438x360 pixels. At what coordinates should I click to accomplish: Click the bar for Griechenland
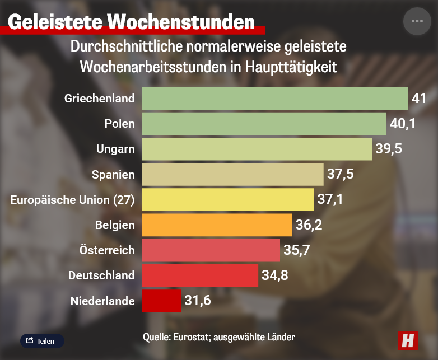point(275,99)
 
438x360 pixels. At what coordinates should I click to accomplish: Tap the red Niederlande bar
point(162,301)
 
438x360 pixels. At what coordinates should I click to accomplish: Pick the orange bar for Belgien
point(217,225)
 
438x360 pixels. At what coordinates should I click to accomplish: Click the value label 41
point(419,99)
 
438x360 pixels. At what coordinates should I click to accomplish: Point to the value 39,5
point(389,149)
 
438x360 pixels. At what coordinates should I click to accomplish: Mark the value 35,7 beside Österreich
point(297,250)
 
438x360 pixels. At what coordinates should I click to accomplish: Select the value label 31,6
point(198,301)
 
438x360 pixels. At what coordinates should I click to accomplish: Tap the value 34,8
point(275,275)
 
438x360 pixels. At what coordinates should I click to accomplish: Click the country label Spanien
point(113,175)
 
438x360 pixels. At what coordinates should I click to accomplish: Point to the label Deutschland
point(101,275)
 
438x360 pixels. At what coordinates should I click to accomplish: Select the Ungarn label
point(115,149)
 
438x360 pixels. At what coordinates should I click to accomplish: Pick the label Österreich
point(105,250)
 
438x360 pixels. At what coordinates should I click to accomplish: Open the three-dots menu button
point(417,21)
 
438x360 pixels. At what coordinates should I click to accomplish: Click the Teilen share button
point(42,340)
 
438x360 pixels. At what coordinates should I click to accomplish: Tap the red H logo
point(409,340)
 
